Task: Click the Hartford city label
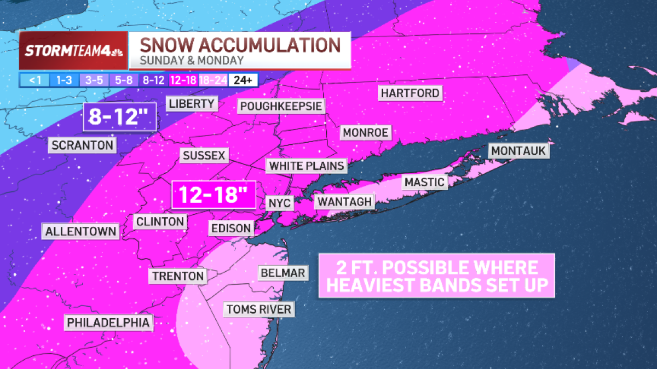pyautogui.click(x=411, y=93)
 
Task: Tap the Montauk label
pyautogui.click(x=519, y=151)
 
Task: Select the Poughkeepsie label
pyautogui.click(x=281, y=106)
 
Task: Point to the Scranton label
pyautogui.click(x=83, y=145)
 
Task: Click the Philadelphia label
pyautogui.click(x=108, y=323)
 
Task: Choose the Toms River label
pyautogui.click(x=259, y=309)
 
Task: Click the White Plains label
pyautogui.click(x=307, y=166)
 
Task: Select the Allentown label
pyautogui.click(x=81, y=231)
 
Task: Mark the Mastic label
pyautogui.click(x=424, y=182)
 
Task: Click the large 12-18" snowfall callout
pyautogui.click(x=214, y=195)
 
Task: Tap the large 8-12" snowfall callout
pyautogui.click(x=120, y=117)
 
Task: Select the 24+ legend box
pyautogui.click(x=243, y=80)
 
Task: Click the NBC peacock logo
pyautogui.click(x=117, y=51)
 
